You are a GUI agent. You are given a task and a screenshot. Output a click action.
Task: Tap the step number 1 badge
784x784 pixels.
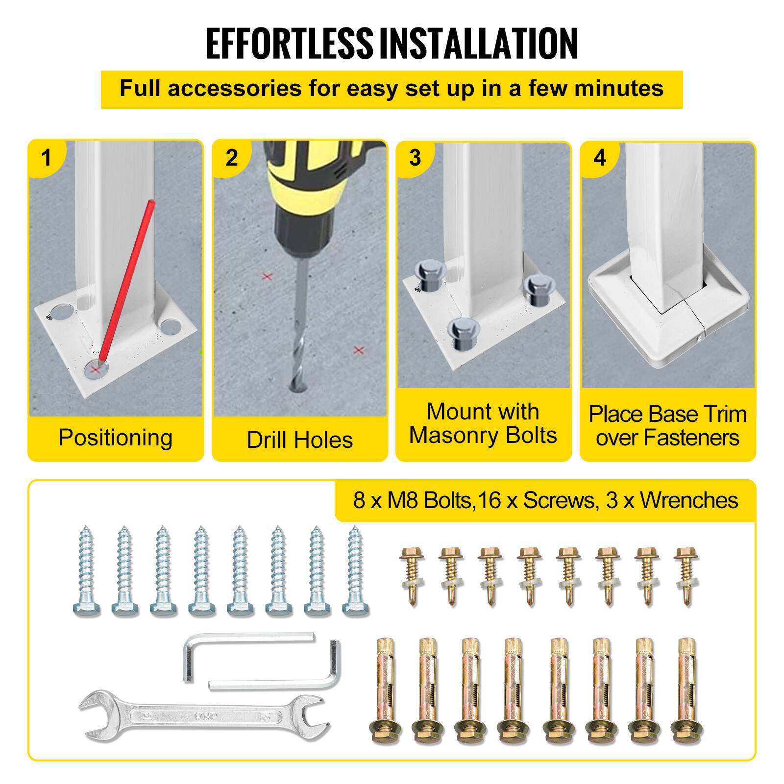pyautogui.click(x=47, y=158)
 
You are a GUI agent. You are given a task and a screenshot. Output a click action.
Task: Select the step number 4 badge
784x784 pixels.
pyautogui.click(x=600, y=158)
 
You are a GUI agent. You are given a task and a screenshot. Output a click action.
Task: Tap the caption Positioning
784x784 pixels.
pyautogui.click(x=116, y=438)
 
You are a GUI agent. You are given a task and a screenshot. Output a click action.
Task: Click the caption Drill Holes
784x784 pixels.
pyautogui.click(x=299, y=440)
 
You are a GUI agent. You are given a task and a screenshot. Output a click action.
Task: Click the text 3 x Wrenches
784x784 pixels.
pyautogui.click(x=672, y=500)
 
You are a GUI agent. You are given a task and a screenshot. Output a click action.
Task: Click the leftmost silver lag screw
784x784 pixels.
pyautogui.click(x=87, y=571)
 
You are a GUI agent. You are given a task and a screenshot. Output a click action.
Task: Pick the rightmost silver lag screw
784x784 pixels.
pyautogui.click(x=355, y=571)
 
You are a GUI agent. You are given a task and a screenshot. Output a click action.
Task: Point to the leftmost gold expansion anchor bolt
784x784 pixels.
pyautogui.click(x=385, y=691)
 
